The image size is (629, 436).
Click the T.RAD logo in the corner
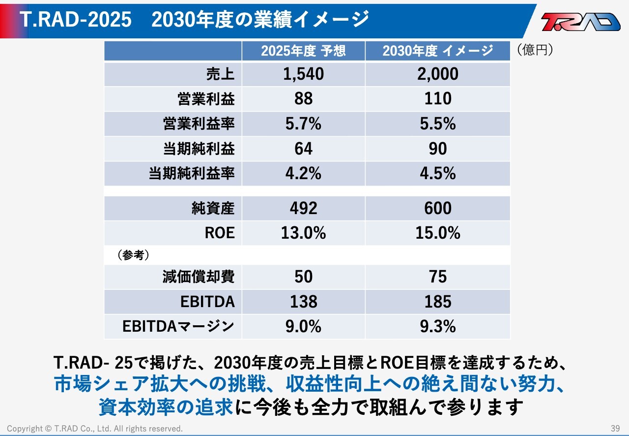[581, 22]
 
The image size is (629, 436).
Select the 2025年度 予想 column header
[303, 51]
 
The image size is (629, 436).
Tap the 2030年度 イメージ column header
[437, 51]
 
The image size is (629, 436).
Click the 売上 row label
[220, 74]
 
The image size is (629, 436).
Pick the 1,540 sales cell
[303, 74]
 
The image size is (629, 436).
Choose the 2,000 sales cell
[437, 74]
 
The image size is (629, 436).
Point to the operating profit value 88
[303, 99]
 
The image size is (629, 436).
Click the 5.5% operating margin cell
[437, 124]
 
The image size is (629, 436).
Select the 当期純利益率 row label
[192, 174]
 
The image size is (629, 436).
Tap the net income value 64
[303, 149]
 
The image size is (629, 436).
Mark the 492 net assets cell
[303, 208]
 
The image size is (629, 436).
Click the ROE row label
[220, 233]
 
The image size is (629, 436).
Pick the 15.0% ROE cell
[437, 233]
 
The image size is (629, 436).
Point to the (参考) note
[133, 255]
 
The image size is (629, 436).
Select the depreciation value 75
[437, 277]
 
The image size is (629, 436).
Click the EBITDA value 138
[303, 302]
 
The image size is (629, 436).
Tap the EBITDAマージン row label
[178, 326]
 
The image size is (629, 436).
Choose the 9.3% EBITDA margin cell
[437, 326]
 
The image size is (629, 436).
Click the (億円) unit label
[535, 50]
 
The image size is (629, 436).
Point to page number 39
[615, 428]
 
